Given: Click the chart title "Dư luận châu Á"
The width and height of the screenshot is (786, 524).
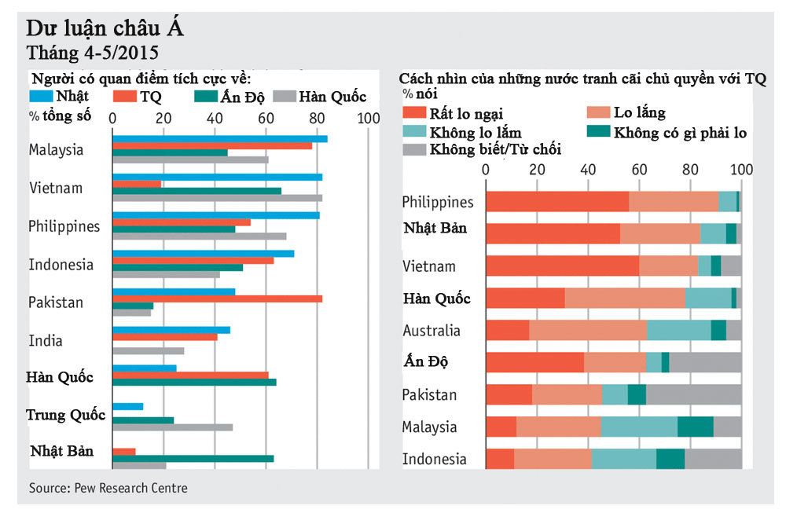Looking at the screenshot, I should pyautogui.click(x=105, y=30).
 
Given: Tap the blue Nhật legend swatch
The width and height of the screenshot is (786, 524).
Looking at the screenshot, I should pyautogui.click(x=42, y=97).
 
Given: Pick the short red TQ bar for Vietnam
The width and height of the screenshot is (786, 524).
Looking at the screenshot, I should pyautogui.click(x=137, y=184).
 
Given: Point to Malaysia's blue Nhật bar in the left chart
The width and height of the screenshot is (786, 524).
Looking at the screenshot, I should pyautogui.click(x=220, y=139).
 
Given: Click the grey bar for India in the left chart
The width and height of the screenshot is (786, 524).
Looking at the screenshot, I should pyautogui.click(x=148, y=350).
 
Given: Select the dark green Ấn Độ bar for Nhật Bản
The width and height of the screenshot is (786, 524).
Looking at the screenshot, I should pyautogui.click(x=193, y=458).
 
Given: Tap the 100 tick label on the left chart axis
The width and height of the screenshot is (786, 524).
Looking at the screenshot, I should pyautogui.click(x=367, y=118).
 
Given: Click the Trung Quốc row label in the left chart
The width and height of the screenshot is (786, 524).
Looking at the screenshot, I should pyautogui.click(x=66, y=415).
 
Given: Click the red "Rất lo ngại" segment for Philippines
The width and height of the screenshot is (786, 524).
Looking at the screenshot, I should pyautogui.click(x=557, y=201).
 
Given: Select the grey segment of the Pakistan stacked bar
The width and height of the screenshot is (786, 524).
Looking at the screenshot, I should pyautogui.click(x=693, y=394).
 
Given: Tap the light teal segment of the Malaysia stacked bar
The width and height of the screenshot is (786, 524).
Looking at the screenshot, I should pyautogui.click(x=639, y=427).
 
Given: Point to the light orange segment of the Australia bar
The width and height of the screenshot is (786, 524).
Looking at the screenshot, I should pyautogui.click(x=588, y=330).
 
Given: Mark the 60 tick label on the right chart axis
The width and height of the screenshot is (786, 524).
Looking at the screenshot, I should pyautogui.click(x=640, y=169).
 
